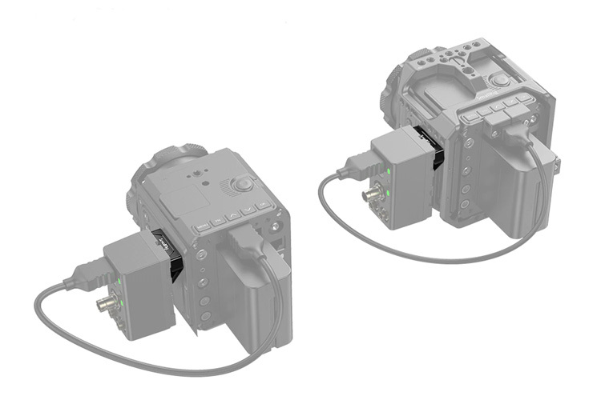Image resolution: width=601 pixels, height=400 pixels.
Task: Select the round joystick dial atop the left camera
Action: click(242, 185)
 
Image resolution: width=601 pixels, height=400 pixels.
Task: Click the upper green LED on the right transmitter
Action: click(389, 172)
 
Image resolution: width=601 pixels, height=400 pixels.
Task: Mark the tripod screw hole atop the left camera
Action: click(195, 171)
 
